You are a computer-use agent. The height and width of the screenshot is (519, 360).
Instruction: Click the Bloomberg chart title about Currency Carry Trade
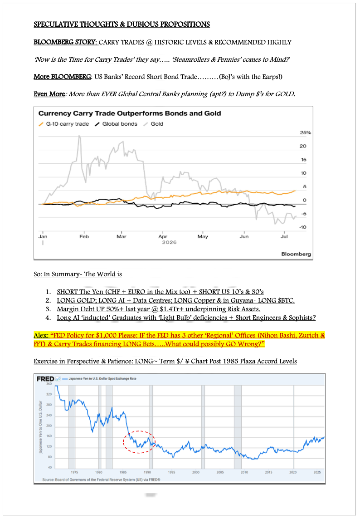pos(130,113)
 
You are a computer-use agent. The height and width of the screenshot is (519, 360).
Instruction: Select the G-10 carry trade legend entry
pos(64,124)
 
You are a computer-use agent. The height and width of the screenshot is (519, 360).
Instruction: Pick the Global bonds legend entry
pos(116,124)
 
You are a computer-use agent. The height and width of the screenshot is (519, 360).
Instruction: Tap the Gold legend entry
pos(154,124)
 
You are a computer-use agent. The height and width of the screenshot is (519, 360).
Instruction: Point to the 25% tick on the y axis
pos(306,132)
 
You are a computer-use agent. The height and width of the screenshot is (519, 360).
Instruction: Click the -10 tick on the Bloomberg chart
pos(303,227)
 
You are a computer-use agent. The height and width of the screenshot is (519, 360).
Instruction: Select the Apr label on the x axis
pos(162,236)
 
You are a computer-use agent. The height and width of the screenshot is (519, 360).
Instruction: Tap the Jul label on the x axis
pos(284,236)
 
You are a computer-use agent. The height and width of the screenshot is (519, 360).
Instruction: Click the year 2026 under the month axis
pos(169,242)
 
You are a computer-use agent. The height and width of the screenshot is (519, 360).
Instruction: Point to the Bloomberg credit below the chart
pos(296,254)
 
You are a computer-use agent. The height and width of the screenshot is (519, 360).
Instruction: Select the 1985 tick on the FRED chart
pos(123,472)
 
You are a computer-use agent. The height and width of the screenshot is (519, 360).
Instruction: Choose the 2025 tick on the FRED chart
pos(317,472)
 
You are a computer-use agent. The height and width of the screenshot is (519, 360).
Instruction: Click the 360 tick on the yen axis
pos(49,384)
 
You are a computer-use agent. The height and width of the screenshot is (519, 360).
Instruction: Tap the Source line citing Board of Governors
pos(101,480)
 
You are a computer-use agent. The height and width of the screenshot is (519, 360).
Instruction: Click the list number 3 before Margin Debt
pos(49,309)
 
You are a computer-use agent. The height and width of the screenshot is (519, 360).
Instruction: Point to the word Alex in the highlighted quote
pos(41,335)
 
